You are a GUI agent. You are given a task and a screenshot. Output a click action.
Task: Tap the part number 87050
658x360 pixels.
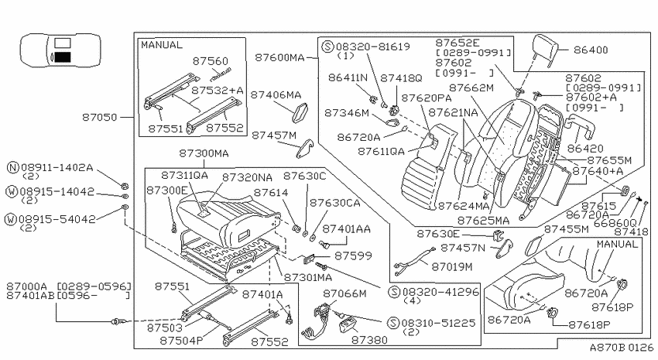[99, 118]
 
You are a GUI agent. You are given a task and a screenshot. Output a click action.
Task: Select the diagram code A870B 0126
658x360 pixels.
[622, 348]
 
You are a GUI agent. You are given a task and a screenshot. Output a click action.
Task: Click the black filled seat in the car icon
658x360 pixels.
[63, 57]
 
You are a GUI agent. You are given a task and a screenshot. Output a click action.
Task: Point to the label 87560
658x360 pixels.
[211, 61]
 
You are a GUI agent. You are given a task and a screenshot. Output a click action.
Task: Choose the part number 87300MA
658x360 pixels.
[204, 153]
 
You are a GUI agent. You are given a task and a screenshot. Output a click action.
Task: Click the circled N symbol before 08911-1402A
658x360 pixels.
[13, 168]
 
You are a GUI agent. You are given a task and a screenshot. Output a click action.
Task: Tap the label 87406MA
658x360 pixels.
[276, 95]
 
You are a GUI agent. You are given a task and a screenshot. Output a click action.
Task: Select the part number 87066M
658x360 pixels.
[344, 293]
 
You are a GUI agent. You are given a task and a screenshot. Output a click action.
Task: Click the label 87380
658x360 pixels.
[368, 340]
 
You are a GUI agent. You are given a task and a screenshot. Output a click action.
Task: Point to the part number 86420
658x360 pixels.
[585, 149]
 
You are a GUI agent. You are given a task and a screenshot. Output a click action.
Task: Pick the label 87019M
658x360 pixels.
[452, 267]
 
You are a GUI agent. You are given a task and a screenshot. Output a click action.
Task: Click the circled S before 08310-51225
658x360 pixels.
[393, 323]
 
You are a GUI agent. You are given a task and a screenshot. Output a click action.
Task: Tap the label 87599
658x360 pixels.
[353, 255]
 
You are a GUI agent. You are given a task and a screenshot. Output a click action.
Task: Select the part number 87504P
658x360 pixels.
[181, 341]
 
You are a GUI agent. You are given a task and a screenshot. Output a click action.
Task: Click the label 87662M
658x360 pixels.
[471, 88]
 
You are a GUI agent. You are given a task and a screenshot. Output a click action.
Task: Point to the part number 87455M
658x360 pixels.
[567, 229]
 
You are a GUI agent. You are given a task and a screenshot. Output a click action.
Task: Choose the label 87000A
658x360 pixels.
[26, 286]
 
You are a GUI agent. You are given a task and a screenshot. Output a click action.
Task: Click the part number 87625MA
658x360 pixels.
[483, 221]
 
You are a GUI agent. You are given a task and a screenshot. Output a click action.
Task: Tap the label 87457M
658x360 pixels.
[274, 135]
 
